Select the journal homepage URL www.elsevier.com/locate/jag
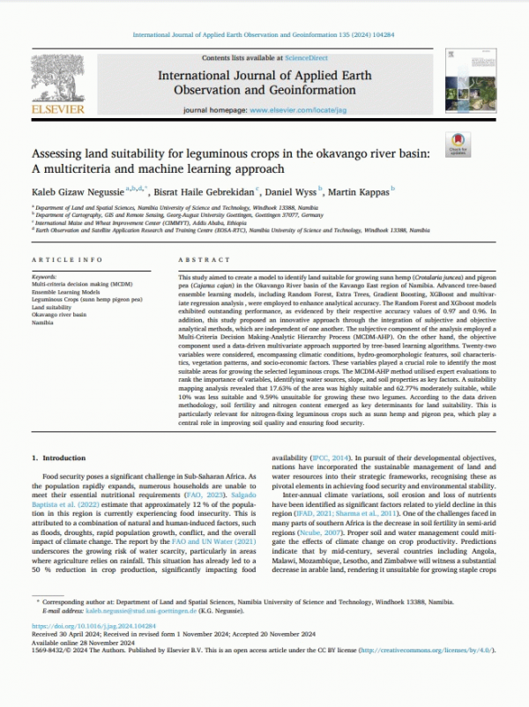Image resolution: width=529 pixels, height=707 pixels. (x=299, y=112)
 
